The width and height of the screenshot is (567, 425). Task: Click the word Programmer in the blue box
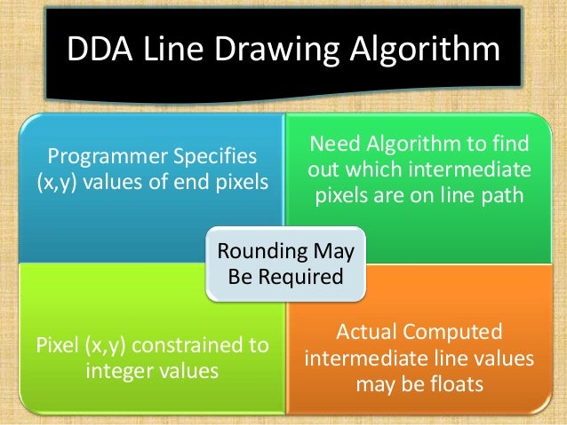tap(102, 157)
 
